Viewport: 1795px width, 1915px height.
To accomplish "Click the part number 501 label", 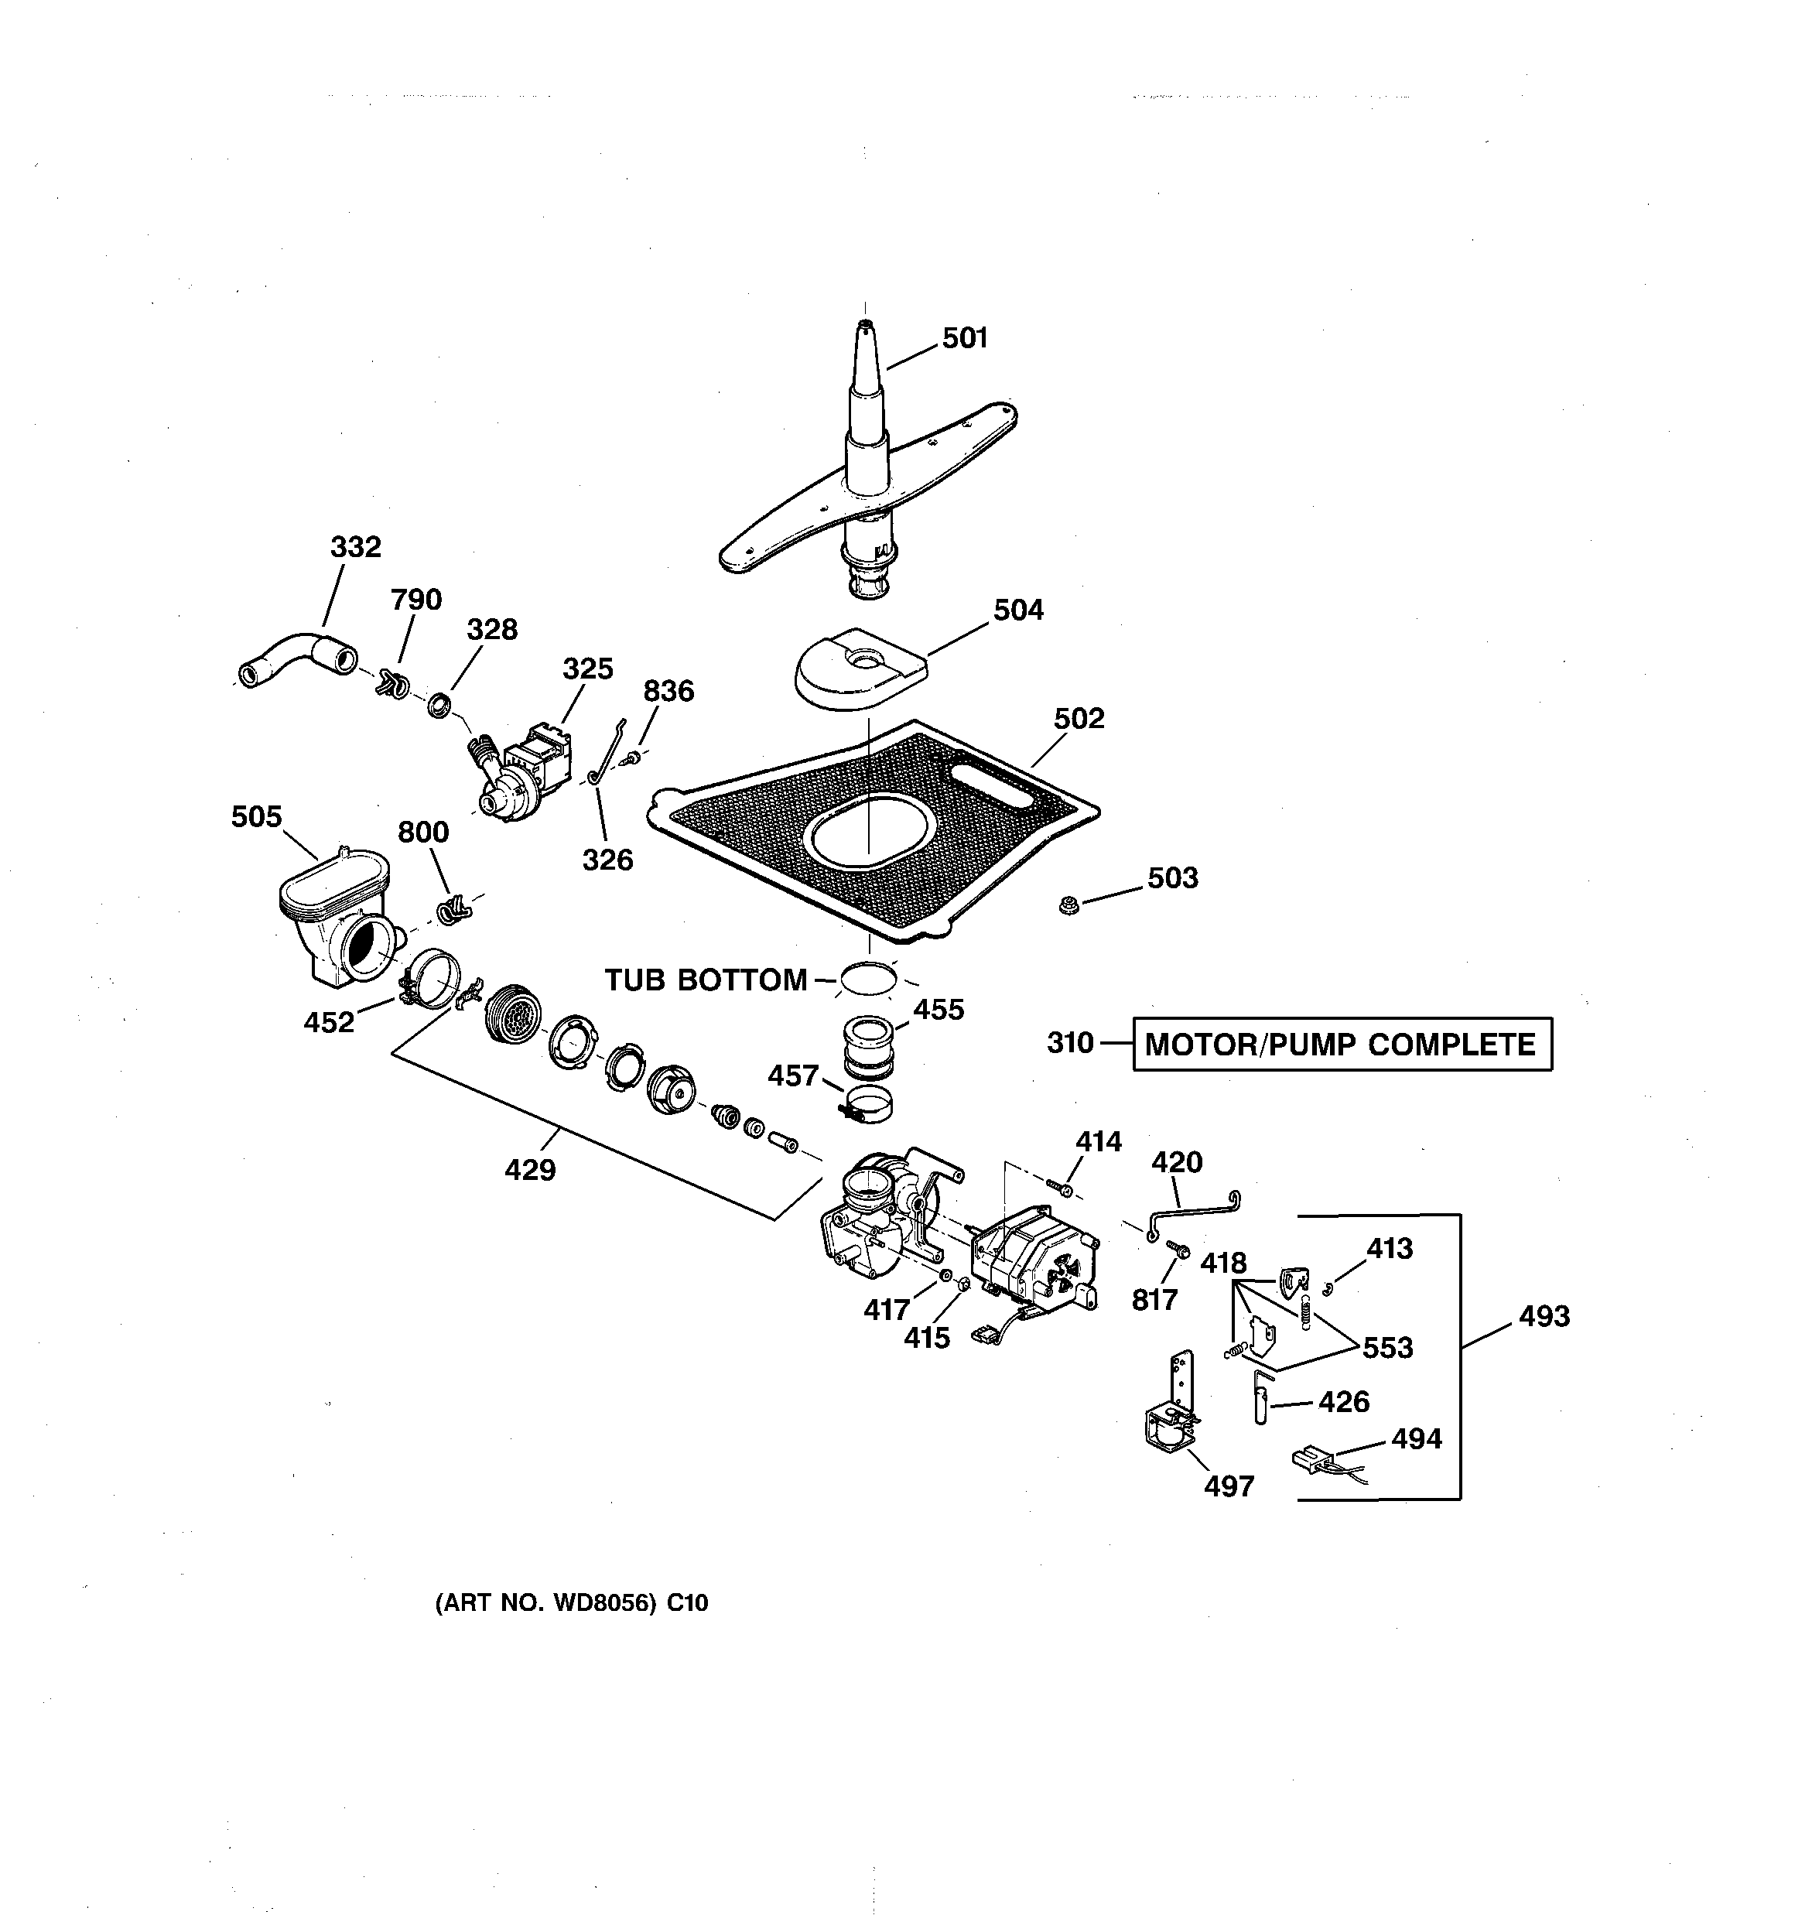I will tap(965, 338).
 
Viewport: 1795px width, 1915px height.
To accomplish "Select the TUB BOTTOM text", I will tap(706, 980).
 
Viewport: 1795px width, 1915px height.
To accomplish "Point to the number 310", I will tap(1069, 1043).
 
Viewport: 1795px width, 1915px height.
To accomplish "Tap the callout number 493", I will tap(1544, 1316).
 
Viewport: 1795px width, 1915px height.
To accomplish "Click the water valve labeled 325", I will tap(525, 767).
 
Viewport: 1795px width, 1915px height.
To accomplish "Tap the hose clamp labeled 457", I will tap(867, 1102).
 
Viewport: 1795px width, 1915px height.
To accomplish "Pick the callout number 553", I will tap(1387, 1348).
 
